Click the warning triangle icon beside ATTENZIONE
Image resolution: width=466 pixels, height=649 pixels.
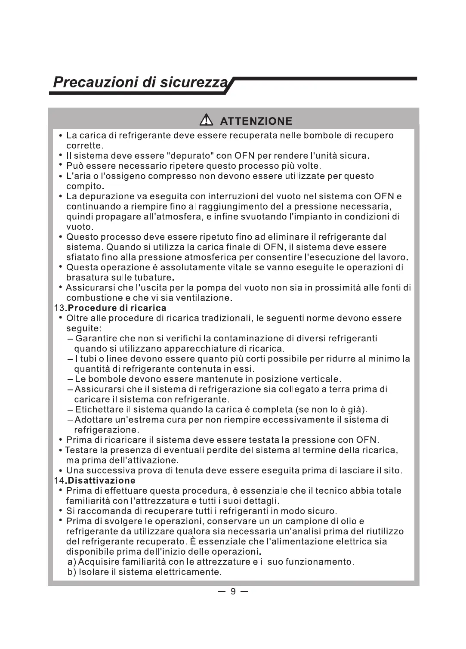(x=206, y=121)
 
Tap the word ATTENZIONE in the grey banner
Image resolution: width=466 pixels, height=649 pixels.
(x=256, y=121)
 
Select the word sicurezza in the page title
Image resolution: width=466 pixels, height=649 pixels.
(x=193, y=82)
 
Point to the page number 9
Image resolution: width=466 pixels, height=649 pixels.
(x=233, y=591)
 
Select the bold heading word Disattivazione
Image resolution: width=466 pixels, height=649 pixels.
(x=102, y=480)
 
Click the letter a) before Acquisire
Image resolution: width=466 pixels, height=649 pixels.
(x=72, y=562)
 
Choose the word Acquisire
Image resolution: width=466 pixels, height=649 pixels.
(x=99, y=562)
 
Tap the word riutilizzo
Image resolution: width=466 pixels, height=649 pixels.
(x=383, y=532)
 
